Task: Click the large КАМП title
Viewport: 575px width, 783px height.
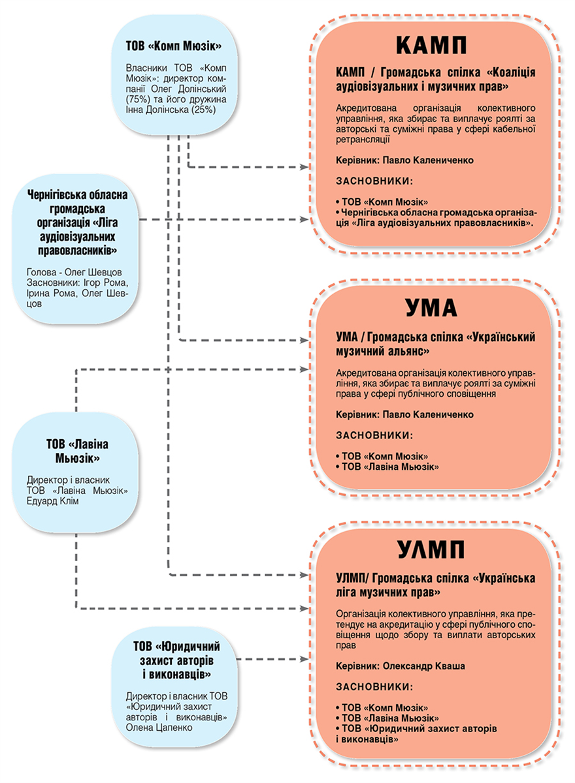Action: [431, 45]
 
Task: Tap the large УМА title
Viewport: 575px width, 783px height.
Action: [431, 307]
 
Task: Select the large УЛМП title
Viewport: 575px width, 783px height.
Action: [431, 549]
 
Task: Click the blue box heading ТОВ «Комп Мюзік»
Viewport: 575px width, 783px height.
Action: [174, 46]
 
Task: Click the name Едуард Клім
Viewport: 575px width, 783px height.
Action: [53, 501]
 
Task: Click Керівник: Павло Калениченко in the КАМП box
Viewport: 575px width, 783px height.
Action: [404, 160]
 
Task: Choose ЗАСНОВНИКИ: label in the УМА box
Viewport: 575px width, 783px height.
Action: [374, 435]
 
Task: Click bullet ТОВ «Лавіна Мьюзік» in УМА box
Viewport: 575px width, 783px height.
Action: [387, 467]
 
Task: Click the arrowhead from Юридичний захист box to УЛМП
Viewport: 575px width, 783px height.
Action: [304, 659]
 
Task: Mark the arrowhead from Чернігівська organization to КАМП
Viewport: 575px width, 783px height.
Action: [304, 219]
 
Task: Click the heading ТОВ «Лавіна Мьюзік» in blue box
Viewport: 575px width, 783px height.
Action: [77, 451]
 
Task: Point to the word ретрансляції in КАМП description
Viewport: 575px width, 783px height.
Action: [363, 140]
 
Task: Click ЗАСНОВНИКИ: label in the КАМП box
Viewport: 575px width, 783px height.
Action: [374, 181]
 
